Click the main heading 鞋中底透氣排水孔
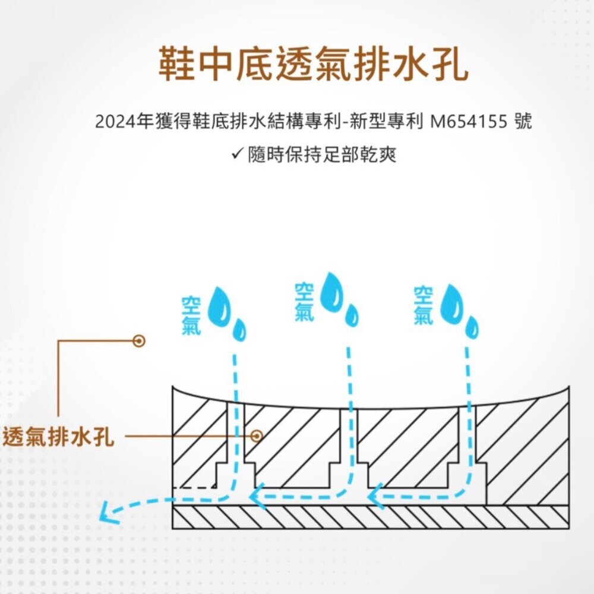click(x=313, y=64)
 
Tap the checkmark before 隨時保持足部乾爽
click(x=236, y=155)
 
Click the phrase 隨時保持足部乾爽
click(x=323, y=156)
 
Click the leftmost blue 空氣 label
click(x=192, y=315)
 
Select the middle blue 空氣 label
click(x=305, y=302)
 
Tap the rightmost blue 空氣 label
click(x=424, y=305)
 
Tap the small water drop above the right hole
click(x=472, y=327)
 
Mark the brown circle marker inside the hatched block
click(x=257, y=436)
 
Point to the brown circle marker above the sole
click(x=140, y=340)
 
